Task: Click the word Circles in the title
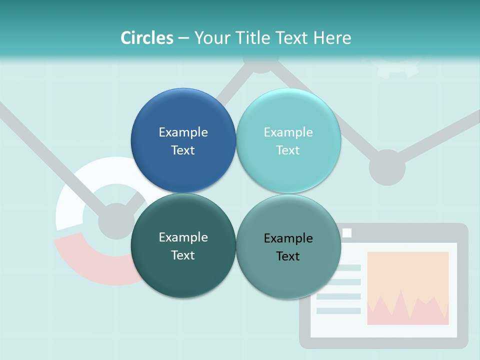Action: click(x=147, y=38)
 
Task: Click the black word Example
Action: click(x=288, y=238)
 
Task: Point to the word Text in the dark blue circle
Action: click(x=183, y=150)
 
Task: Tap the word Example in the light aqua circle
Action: click(x=288, y=132)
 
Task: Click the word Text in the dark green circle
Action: click(x=183, y=255)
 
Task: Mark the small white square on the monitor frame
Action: click(x=347, y=233)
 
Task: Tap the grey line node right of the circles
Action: click(x=387, y=167)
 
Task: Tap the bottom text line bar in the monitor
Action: click(x=338, y=310)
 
